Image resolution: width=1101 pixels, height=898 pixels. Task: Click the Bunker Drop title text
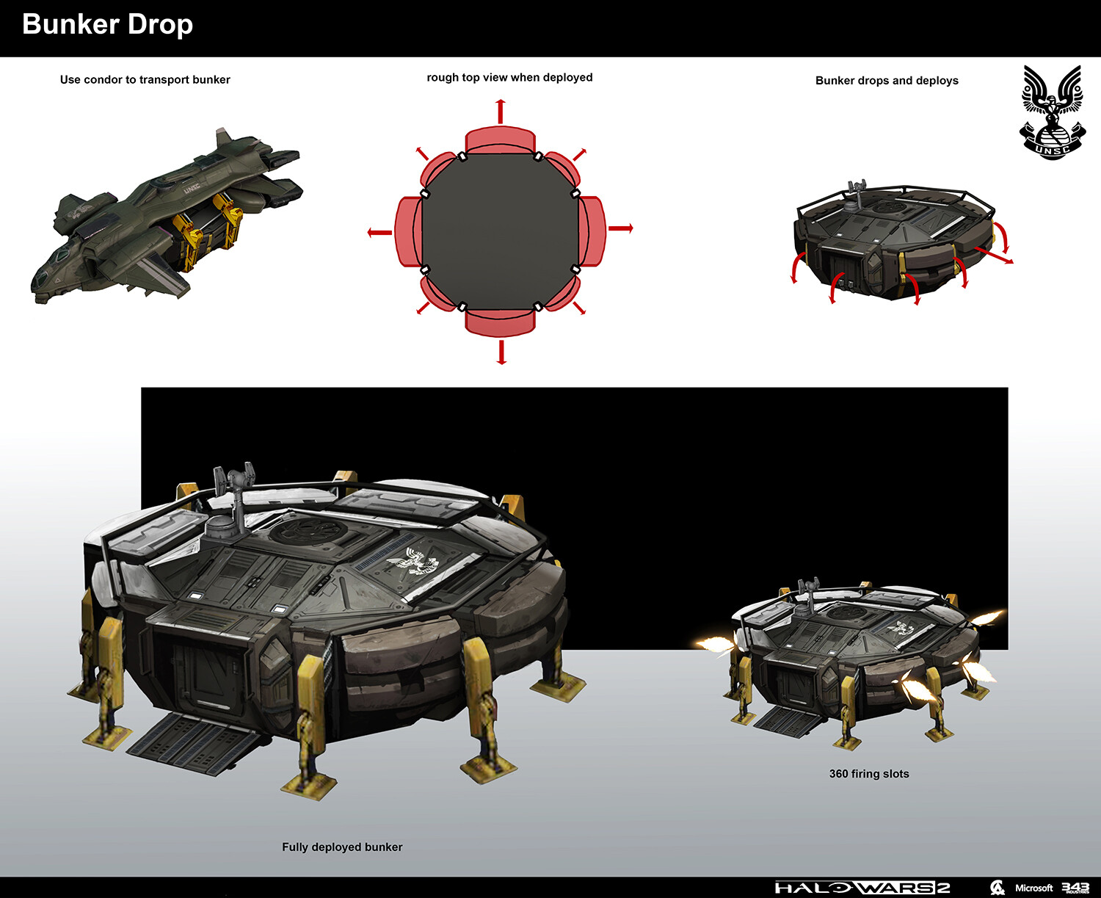point(107,25)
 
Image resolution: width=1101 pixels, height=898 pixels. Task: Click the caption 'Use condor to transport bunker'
point(145,79)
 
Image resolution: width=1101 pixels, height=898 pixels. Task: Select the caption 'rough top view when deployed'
point(509,77)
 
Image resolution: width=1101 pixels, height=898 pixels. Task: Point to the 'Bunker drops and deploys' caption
point(887,80)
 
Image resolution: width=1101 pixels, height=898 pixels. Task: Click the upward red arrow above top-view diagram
point(501,112)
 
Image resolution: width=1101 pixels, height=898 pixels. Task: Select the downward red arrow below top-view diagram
point(501,352)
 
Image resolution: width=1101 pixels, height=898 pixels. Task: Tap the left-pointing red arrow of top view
point(379,233)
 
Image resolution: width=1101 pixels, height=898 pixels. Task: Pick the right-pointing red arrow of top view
point(621,228)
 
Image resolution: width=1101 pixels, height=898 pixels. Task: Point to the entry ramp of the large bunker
point(195,742)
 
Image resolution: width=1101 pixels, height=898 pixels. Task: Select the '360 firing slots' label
point(868,774)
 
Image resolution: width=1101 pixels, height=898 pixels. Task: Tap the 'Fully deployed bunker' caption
point(342,847)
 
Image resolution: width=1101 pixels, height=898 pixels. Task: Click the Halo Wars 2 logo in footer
point(862,888)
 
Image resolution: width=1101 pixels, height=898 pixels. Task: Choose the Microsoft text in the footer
point(1033,888)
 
